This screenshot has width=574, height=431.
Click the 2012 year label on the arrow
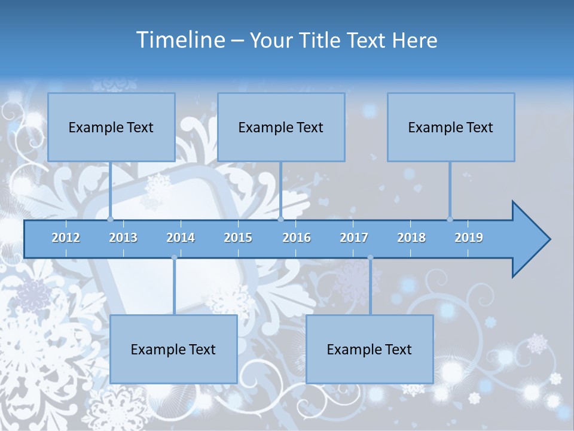[66, 238]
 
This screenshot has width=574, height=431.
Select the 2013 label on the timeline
[123, 238]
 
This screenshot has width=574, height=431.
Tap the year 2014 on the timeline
[181, 238]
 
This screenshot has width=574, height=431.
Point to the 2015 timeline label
[238, 238]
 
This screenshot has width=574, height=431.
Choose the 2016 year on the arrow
[297, 238]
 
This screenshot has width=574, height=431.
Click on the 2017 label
[354, 238]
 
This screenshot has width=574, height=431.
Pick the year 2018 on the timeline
[411, 238]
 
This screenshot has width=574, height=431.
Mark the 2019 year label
[469, 238]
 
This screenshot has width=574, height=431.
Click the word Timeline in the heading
[180, 40]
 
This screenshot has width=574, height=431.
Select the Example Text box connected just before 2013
[111, 127]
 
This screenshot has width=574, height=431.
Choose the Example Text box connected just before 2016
[281, 127]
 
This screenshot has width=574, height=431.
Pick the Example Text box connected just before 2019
[451, 127]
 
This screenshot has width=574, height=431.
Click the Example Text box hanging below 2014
[173, 349]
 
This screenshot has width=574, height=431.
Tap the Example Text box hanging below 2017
[370, 349]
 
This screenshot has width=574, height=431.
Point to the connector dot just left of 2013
[111, 219]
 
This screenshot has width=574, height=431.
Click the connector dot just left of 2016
[281, 219]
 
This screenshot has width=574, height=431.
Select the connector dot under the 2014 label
[174, 258]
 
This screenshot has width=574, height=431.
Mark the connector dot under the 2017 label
[370, 258]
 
